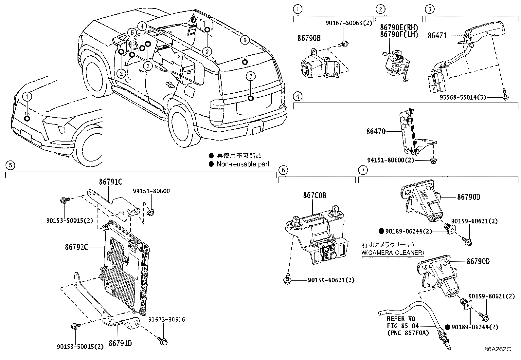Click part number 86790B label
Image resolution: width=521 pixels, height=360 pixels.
click(x=309, y=38)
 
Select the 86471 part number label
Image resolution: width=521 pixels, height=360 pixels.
click(x=437, y=35)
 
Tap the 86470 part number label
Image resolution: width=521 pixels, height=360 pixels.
click(x=376, y=132)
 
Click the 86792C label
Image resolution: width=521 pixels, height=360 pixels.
click(x=76, y=247)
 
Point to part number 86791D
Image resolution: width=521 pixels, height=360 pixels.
click(x=120, y=343)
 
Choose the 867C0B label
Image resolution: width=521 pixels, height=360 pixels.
click(x=314, y=196)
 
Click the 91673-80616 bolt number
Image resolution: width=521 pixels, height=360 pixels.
click(x=166, y=319)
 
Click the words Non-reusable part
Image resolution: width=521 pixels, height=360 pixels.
click(x=243, y=164)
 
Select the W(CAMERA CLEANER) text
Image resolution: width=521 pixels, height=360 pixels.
click(x=393, y=253)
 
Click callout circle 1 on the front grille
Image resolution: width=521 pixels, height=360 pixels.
click(x=27, y=96)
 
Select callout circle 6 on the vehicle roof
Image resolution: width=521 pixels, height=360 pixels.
click(x=244, y=40)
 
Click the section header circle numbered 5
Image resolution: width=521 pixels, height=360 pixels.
click(x=10, y=165)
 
